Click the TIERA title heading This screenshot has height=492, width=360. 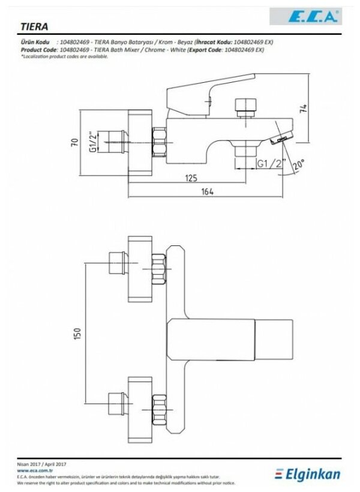click(x=35, y=26)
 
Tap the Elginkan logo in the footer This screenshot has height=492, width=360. click(x=308, y=473)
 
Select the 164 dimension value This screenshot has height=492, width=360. click(x=206, y=191)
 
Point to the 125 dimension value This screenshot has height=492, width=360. click(x=191, y=178)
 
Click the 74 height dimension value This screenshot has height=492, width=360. click(x=304, y=109)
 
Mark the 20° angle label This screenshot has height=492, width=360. click(x=298, y=164)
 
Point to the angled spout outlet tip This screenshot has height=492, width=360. click(x=281, y=139)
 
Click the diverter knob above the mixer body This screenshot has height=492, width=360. click(x=245, y=106)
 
